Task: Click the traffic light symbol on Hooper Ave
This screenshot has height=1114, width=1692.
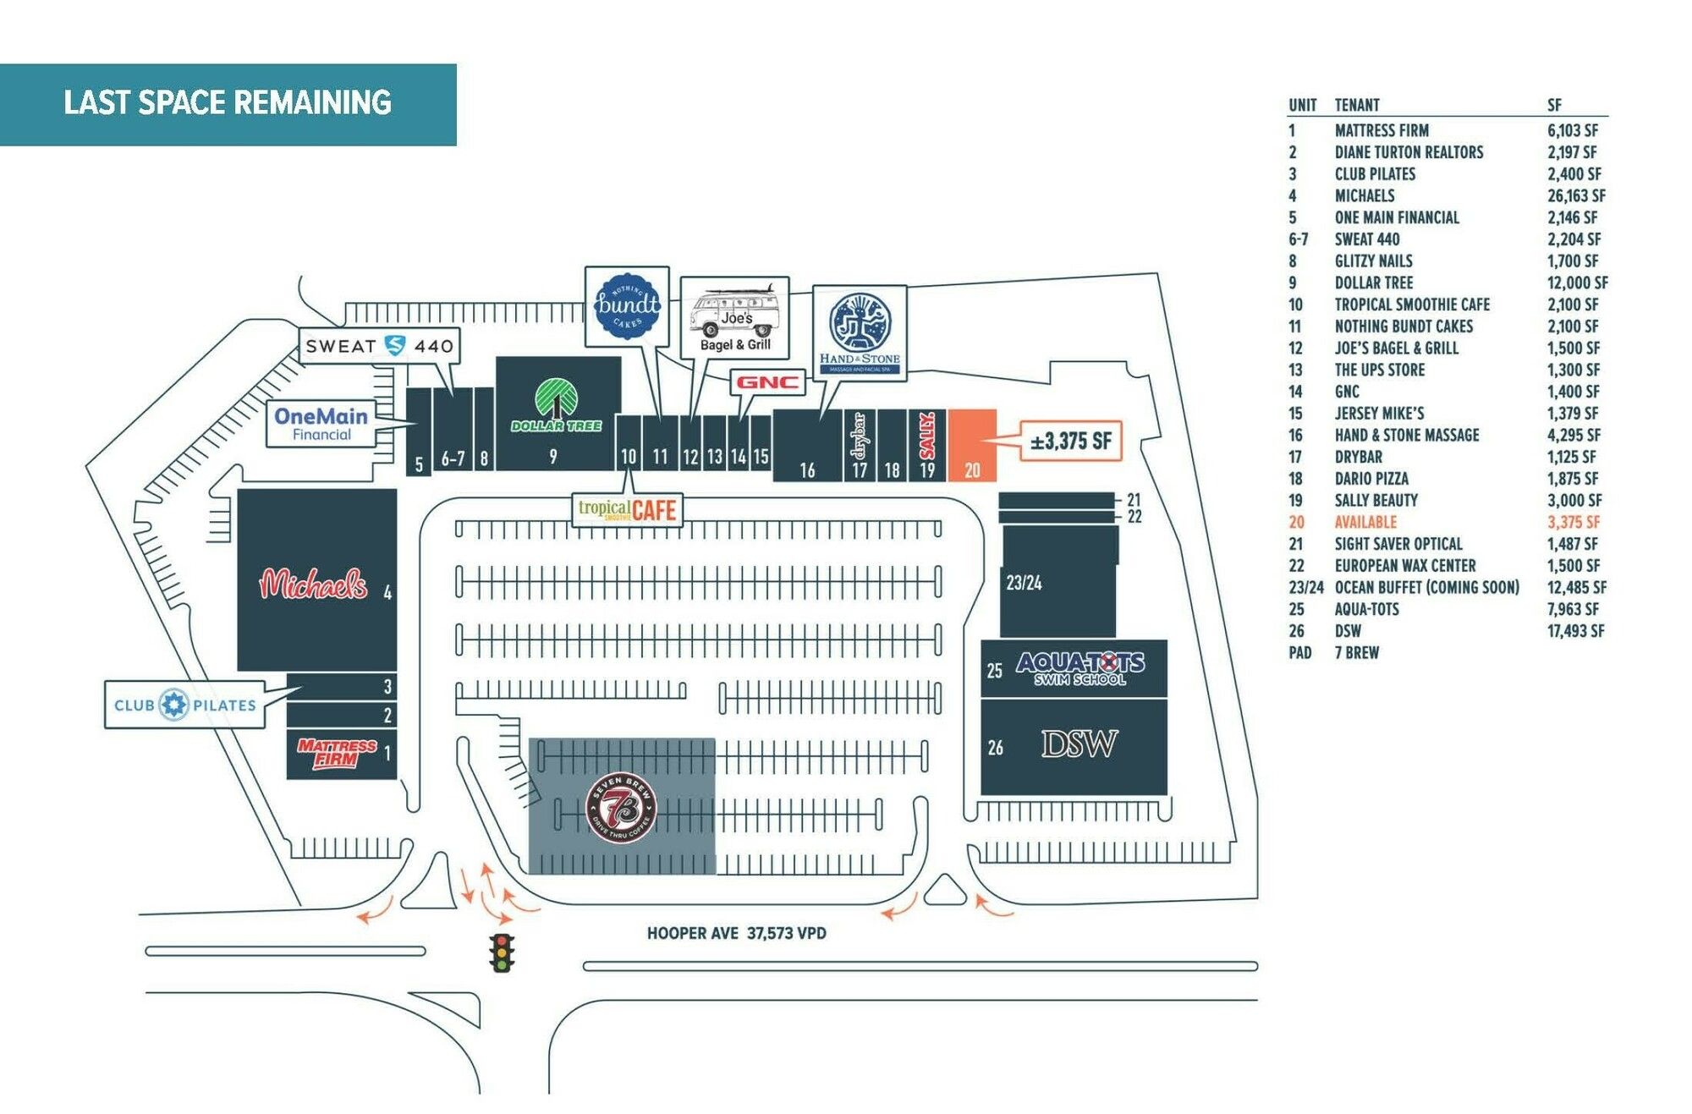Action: click(x=503, y=952)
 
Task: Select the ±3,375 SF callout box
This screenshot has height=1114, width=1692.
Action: click(x=1070, y=441)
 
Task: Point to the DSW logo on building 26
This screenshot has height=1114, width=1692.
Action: click(x=1079, y=744)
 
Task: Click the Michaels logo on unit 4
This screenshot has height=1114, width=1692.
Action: click(x=313, y=584)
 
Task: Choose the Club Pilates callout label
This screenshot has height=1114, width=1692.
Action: click(x=184, y=705)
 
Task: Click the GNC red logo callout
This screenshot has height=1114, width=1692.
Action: click(x=767, y=382)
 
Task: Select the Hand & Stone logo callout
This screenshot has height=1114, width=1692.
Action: click(x=860, y=331)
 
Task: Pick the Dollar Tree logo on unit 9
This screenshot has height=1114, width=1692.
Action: click(x=556, y=406)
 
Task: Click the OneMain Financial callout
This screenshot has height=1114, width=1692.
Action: click(x=321, y=423)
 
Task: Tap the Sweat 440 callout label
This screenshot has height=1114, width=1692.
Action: click(x=380, y=346)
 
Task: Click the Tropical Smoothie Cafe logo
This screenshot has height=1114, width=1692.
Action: click(x=627, y=510)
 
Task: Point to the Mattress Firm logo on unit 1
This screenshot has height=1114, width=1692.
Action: click(x=337, y=752)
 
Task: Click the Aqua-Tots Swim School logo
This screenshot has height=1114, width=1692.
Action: click(x=1080, y=667)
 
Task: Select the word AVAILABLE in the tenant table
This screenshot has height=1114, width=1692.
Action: click(x=1365, y=522)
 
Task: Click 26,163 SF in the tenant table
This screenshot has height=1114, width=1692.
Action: click(x=1576, y=195)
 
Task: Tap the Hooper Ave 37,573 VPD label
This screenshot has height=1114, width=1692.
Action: click(x=736, y=933)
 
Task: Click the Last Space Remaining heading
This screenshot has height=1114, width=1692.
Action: click(x=228, y=103)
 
